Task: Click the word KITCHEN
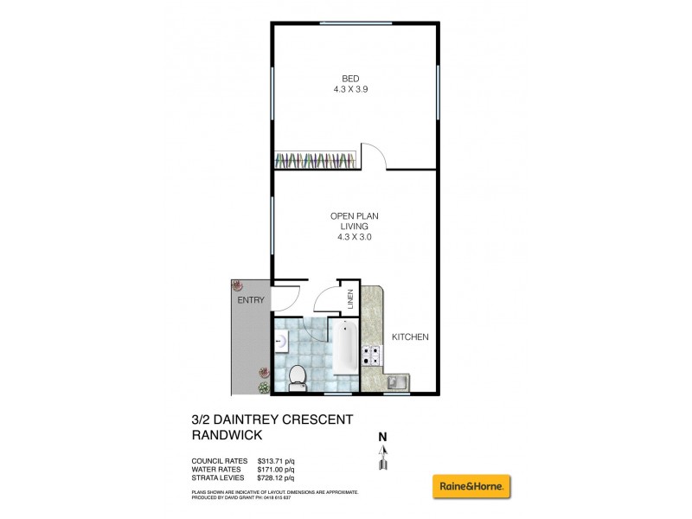click(x=411, y=336)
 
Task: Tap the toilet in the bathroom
click(x=297, y=375)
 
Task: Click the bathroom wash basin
click(x=281, y=341)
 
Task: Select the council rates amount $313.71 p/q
click(x=278, y=460)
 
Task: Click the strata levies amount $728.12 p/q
click(x=278, y=477)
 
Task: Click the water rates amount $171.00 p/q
click(x=278, y=469)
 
